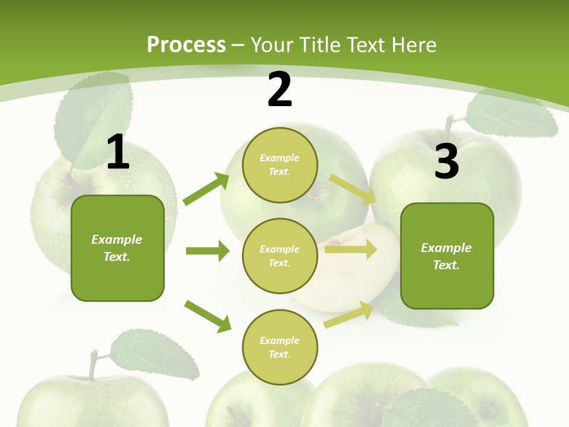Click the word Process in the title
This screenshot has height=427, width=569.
186,44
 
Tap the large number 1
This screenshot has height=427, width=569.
118,152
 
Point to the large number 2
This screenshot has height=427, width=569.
280,90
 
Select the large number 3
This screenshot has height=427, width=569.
446,162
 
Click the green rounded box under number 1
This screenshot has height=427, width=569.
117,248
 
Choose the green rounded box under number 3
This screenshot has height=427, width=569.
447,256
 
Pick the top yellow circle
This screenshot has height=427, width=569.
280,165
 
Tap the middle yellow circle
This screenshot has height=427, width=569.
280,256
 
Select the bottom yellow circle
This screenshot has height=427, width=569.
280,347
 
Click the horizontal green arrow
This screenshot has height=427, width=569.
208,251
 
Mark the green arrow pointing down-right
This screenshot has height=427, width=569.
208,316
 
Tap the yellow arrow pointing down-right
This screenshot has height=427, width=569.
353,189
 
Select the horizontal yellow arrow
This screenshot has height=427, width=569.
351,250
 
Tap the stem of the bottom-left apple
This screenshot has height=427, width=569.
92,364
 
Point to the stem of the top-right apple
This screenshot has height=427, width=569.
449,125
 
